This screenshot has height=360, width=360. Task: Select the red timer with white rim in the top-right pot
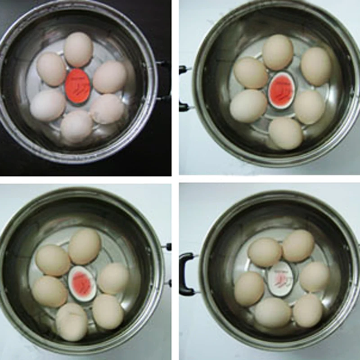(x=280, y=90)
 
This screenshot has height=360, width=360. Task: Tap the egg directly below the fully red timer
(x=76, y=127)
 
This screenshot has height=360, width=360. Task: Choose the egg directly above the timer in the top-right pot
(x=278, y=52)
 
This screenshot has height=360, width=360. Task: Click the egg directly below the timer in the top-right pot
(x=285, y=133)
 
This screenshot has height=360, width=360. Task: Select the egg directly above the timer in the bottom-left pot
(x=85, y=246)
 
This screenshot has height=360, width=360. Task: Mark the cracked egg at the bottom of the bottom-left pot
(x=72, y=321)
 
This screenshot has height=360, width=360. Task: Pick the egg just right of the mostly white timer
(x=315, y=276)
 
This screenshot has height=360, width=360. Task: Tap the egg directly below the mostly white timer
(x=273, y=312)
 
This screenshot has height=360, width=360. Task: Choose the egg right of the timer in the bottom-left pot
(x=113, y=279)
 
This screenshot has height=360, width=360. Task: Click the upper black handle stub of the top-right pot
(x=183, y=70)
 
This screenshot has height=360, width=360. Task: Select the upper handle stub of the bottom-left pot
(x=167, y=247)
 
